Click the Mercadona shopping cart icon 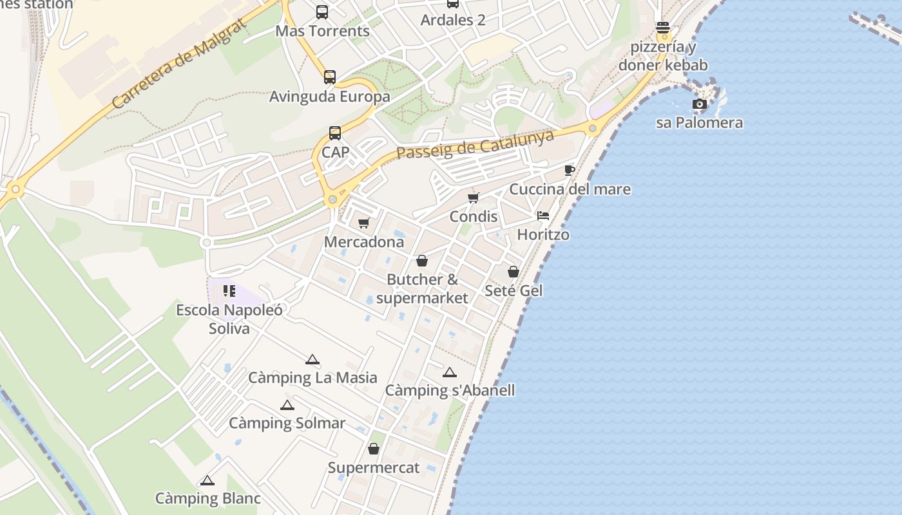(364, 223)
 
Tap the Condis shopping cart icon (474, 198)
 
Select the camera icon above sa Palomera (699, 104)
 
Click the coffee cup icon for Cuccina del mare (569, 170)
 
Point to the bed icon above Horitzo (543, 216)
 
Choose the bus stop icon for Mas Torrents (322, 12)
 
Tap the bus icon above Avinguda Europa (330, 77)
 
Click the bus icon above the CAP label (335, 133)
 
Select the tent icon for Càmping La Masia (312, 359)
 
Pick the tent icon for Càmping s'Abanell (450, 372)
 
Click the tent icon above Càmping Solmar (287, 405)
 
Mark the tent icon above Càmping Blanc (207, 480)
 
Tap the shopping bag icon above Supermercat (374, 449)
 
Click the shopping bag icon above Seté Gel (513, 272)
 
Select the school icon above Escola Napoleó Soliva (229, 291)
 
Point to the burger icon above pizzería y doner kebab (662, 28)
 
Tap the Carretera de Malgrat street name (178, 64)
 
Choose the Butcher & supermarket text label (422, 289)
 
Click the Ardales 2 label (453, 20)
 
